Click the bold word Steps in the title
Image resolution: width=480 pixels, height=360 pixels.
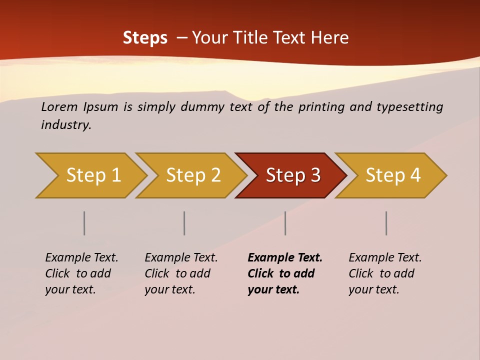coord(145,38)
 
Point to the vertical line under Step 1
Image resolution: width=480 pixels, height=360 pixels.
coord(84,223)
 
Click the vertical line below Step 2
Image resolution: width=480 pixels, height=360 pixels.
coord(184,223)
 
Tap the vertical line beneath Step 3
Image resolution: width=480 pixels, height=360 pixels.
coord(285,223)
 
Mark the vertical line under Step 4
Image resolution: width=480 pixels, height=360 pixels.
coord(386,223)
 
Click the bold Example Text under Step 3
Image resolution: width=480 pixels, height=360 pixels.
coord(285,258)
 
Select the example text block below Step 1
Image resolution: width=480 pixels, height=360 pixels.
coord(81,273)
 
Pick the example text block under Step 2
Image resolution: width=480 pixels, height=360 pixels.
coord(181,273)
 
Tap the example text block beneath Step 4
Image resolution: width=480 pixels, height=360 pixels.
coord(385,273)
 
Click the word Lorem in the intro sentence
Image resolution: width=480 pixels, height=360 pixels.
coord(59,107)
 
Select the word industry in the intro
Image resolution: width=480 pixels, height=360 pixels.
coord(65,125)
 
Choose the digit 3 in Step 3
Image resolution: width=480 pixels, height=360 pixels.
coord(315,175)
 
